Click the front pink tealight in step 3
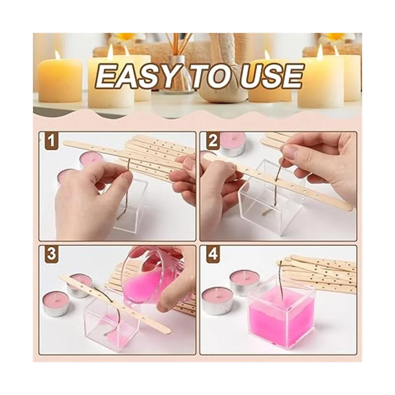click(56, 304)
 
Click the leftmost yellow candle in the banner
click(61, 79)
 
